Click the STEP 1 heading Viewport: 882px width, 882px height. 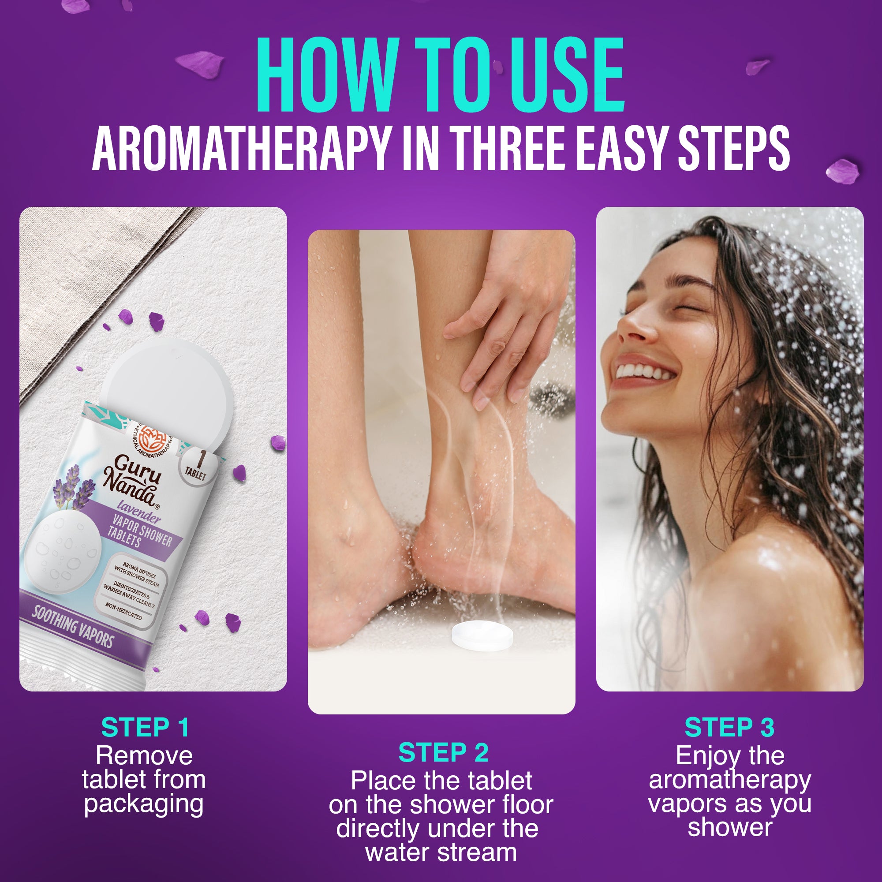[x=145, y=728]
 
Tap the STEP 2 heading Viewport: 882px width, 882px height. [x=443, y=753]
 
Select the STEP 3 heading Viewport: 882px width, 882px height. [x=729, y=728]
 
